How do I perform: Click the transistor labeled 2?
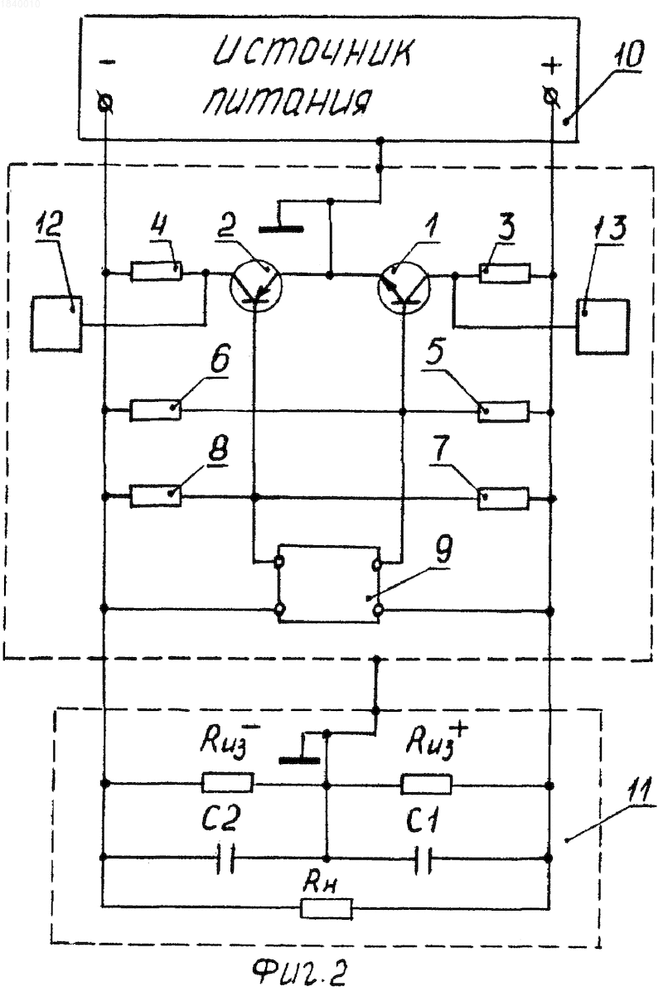[256, 286]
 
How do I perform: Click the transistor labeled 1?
[404, 286]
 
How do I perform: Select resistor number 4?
[157, 271]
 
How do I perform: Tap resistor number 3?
[505, 273]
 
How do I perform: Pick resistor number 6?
[156, 410]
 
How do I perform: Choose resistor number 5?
[504, 411]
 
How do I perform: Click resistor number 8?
[156, 496]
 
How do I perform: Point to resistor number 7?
[504, 498]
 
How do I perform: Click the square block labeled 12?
[56, 324]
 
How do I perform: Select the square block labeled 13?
[603, 326]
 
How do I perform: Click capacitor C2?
[226, 857]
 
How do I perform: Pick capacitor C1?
[423, 857]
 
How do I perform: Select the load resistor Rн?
[327, 907]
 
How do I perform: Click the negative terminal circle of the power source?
[105, 103]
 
